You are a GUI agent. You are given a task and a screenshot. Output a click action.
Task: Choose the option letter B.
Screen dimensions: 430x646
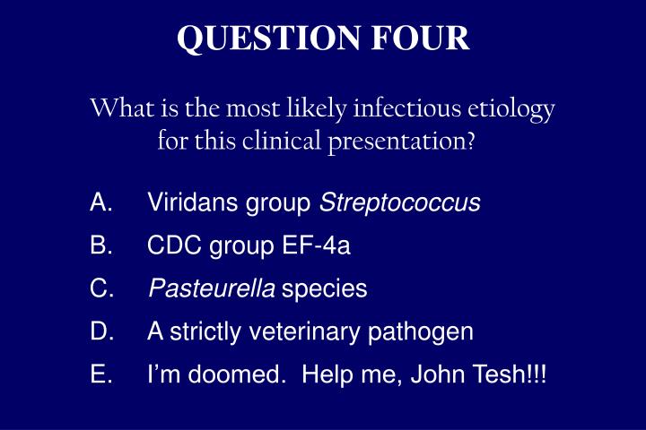point(100,245)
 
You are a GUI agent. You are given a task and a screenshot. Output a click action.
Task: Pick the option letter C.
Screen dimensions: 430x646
point(100,288)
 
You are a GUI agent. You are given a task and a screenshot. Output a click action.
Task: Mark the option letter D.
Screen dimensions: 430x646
point(100,331)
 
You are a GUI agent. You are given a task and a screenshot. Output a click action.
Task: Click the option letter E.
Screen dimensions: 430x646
point(100,374)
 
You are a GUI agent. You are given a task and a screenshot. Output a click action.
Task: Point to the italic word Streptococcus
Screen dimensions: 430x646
point(400,203)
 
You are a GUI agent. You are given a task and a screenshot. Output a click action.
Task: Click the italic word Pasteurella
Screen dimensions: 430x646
point(212,288)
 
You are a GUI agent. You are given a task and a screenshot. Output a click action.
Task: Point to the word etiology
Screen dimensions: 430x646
point(512,111)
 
